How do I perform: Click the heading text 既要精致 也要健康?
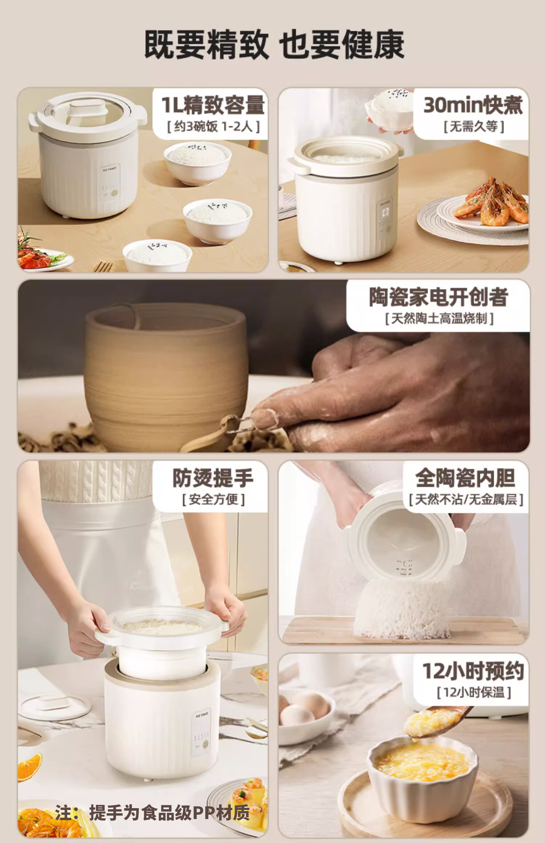click(x=274, y=45)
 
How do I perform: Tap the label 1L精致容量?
click(x=213, y=105)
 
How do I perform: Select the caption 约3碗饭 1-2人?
click(x=213, y=127)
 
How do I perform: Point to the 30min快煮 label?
click(x=473, y=105)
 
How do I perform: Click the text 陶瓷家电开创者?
click(x=439, y=297)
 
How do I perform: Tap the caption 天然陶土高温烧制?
click(x=439, y=319)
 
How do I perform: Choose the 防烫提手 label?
click(x=213, y=478)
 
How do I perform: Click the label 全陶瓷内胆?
click(x=465, y=478)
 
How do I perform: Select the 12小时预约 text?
click(x=473, y=671)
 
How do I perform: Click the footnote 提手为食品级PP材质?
click(x=170, y=813)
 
